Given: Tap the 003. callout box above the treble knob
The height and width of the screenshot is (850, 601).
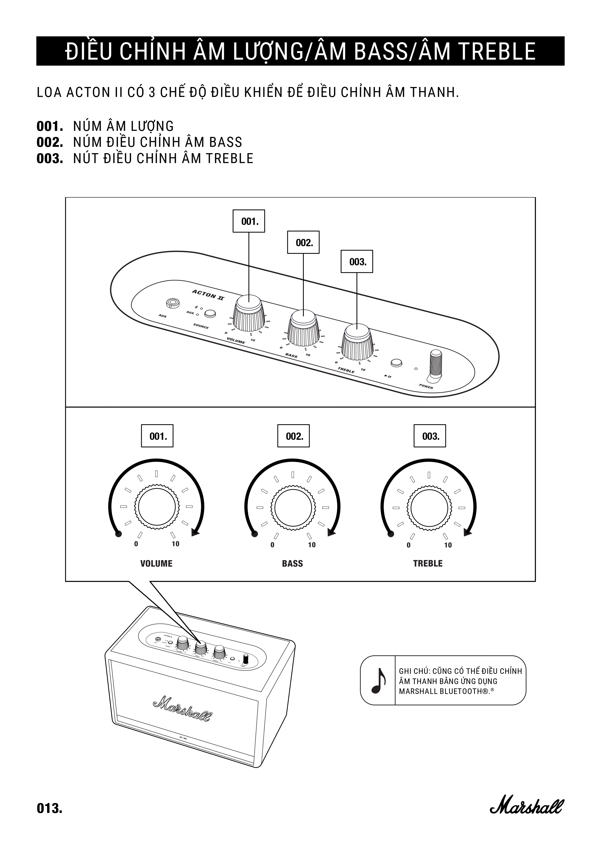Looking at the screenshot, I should [357, 262].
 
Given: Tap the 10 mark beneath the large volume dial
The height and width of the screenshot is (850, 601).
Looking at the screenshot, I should [175, 544].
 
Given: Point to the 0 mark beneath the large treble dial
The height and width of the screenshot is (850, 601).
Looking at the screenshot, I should [409, 545].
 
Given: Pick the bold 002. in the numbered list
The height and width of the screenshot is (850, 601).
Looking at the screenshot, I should [50, 142].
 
